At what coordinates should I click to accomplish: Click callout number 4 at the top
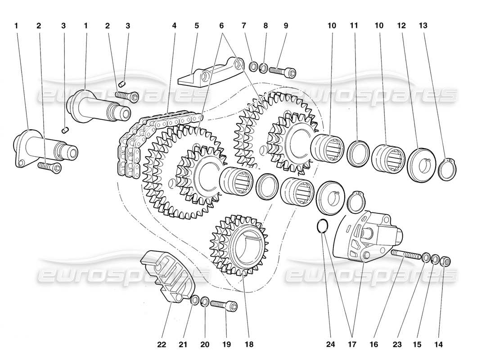174,26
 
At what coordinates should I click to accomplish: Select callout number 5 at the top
197,26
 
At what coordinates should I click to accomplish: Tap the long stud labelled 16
407,255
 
